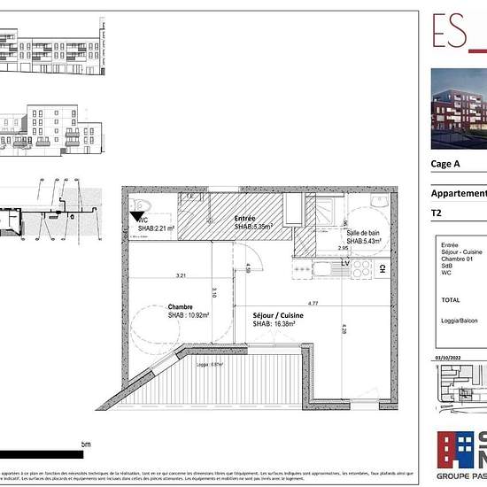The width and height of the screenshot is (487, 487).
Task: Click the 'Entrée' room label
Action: click(244, 218)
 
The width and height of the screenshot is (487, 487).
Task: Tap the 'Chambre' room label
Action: click(181, 306)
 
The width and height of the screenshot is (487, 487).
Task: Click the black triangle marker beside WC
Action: click(136, 213)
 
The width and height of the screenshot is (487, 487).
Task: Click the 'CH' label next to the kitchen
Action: click(382, 268)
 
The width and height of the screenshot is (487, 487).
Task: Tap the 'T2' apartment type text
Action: click(437, 213)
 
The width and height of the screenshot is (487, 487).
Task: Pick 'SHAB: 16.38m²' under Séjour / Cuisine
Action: click(274, 324)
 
